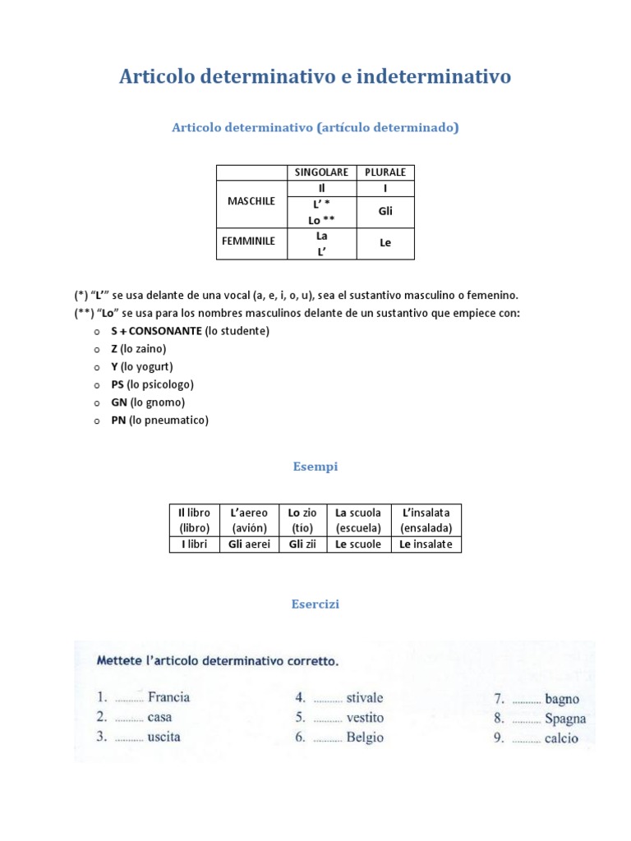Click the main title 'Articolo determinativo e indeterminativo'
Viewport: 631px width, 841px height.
coord(315,76)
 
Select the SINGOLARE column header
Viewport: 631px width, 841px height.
coord(321,172)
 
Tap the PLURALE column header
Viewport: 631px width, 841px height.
coord(385,172)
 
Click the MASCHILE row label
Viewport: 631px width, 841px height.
coord(251,201)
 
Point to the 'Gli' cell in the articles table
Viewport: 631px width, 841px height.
coord(385,211)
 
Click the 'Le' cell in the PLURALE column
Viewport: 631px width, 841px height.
coord(385,243)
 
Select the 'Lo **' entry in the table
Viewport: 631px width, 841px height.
coord(321,220)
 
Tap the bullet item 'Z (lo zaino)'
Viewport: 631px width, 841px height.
coord(139,349)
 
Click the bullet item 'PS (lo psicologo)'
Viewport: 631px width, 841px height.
coord(152,384)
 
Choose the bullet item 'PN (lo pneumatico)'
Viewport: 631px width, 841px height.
coord(159,420)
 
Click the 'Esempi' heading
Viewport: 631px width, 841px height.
coord(315,466)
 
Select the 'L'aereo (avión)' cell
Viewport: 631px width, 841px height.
coord(250,520)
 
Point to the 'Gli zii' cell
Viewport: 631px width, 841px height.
coord(302,545)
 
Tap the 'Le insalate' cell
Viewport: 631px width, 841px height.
coord(426,545)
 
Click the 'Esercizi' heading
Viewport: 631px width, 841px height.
coord(315,604)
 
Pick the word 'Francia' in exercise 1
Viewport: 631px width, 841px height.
coord(168,697)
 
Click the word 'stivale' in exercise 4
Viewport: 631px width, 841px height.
coord(364,698)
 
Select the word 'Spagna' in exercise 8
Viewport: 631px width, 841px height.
coord(565,719)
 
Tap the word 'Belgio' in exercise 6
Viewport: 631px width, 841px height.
coord(365,738)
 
